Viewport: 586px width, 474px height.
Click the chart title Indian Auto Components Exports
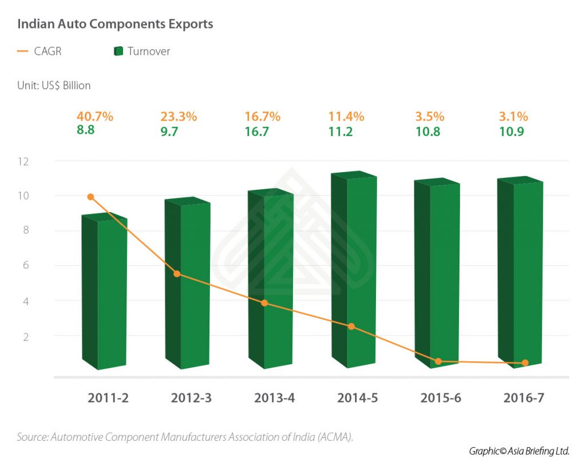[x=115, y=25]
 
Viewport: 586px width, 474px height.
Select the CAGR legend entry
[x=39, y=51]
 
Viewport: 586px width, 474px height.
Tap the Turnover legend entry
[x=142, y=51]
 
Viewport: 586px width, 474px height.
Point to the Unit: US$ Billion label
[x=54, y=86]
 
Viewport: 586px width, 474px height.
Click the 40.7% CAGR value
[x=95, y=117]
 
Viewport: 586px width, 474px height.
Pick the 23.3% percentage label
[x=179, y=117]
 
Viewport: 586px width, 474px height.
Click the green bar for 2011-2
[x=104, y=292]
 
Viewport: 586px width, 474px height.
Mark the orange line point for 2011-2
[x=90, y=197]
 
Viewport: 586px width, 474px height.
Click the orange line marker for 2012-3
[x=177, y=274]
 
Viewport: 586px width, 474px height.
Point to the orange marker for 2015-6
[x=438, y=361]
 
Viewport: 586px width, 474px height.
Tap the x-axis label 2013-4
[x=274, y=398]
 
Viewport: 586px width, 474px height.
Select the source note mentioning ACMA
[x=185, y=437]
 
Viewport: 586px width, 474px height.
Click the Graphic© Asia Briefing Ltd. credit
[x=518, y=451]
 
